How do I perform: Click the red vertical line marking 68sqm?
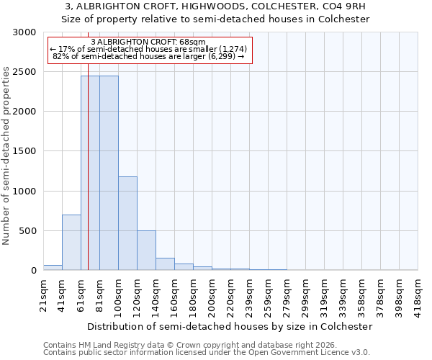click(88, 180)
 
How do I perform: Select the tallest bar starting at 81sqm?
click(109, 173)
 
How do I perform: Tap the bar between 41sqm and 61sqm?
click(71, 242)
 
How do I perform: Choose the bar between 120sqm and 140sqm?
click(146, 251)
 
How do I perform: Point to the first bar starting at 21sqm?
click(53, 268)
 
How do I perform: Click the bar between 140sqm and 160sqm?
click(165, 264)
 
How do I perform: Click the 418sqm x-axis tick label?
click(418, 295)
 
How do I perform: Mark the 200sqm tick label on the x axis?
click(211, 295)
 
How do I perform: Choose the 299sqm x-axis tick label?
click(305, 295)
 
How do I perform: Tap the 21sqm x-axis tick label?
click(43, 294)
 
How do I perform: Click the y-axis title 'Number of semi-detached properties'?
click(6, 156)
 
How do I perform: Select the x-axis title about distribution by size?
click(230, 326)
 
